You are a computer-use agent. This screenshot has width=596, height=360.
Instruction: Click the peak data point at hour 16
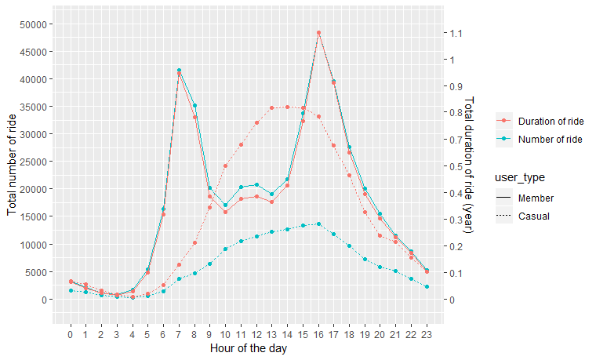coord(318,33)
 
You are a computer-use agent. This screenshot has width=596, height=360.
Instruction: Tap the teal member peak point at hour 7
coord(179,71)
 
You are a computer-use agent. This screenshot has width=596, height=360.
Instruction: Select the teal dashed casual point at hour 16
coord(318,224)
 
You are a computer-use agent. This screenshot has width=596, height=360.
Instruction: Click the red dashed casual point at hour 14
coord(288,107)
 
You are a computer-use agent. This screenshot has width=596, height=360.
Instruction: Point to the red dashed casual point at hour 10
coord(225,165)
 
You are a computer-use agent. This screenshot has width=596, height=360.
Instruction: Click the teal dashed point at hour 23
coord(427,287)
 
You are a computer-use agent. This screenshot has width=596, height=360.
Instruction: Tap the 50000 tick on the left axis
coord(32,24)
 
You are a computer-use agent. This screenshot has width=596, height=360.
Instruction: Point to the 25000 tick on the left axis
coord(32,162)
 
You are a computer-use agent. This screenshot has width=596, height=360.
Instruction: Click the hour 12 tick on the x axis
coord(256,336)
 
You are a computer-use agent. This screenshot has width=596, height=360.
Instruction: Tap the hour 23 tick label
coord(427,336)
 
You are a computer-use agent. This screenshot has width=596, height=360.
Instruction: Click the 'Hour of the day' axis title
coord(248,349)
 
